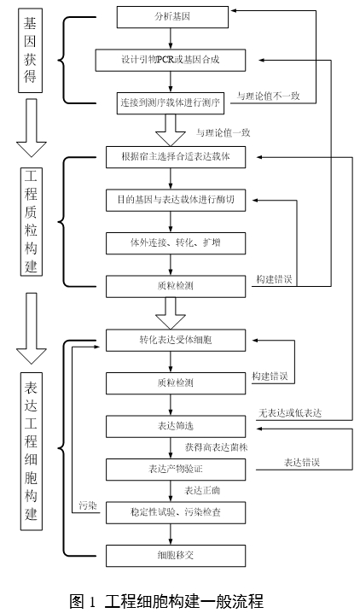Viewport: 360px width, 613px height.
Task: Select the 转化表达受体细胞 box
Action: [x=176, y=339]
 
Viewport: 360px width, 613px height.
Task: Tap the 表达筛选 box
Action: [x=176, y=424]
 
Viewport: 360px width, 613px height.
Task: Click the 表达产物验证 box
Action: [x=176, y=469]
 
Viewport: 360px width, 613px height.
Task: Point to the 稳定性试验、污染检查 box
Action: [x=176, y=511]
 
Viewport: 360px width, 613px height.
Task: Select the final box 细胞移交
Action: [x=176, y=554]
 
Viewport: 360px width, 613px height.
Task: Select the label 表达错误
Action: [x=300, y=462]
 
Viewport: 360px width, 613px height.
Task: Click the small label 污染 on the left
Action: [x=87, y=505]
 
